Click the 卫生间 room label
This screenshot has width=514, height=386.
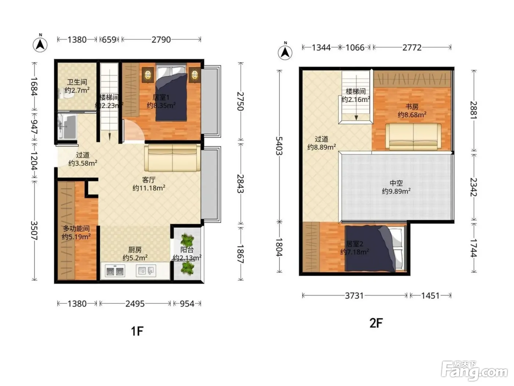pos(77,82)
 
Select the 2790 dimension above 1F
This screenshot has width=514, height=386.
pos(161,40)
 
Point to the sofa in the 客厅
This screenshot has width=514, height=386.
pos(172,158)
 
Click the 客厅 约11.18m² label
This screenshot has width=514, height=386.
pos(149,184)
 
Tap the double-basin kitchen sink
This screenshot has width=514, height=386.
pos(115,271)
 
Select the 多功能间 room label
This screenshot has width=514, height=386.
pos(76,229)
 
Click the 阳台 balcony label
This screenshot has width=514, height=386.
pos(187,250)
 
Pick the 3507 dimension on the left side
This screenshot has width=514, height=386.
pos(34,230)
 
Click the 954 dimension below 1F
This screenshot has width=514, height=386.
pos(187,304)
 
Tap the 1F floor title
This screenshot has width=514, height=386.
pos(137,331)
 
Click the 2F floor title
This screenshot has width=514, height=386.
pos(376,323)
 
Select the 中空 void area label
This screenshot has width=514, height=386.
pos(396,183)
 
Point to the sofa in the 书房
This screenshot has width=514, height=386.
pos(413,137)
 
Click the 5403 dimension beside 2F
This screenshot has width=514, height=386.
pos(279,146)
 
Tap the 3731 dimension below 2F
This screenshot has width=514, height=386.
pos(354,296)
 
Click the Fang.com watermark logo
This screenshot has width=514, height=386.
pos(474,371)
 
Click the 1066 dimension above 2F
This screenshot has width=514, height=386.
pos(355,48)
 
